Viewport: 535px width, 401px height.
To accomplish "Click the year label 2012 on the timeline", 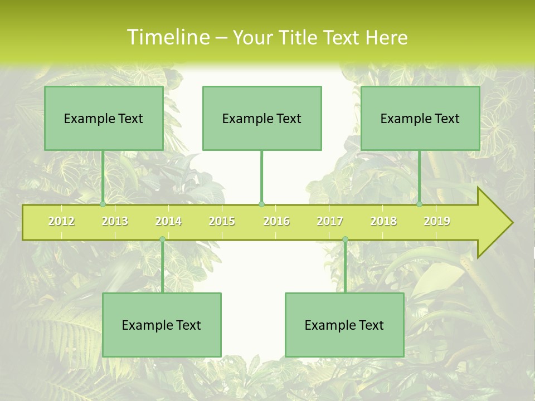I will coord(61,221).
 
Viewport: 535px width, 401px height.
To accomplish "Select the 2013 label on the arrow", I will coord(115,221).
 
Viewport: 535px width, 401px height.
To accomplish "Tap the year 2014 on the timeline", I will coord(168,221).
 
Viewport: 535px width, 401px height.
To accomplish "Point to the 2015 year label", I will coord(222,221).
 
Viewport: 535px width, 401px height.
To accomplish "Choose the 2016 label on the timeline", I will coord(276,221).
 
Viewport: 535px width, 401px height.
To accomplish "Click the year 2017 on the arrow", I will coord(330,221).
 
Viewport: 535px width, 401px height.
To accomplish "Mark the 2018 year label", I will coord(383,221).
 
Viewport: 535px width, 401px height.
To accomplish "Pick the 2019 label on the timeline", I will coord(437,221).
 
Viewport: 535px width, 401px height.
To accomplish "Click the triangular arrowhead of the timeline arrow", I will coord(494,223).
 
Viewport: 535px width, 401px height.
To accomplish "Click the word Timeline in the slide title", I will coord(167,37).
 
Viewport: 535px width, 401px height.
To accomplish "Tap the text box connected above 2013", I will coord(104,118).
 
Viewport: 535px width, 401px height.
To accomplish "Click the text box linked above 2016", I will coord(262,118).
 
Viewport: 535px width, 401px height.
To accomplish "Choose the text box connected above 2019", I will coord(420,118).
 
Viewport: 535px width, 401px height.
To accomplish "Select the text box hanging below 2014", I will coord(162,325).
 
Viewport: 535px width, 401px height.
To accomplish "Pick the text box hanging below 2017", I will coord(344,325).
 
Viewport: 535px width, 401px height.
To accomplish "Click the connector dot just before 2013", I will coord(103,204).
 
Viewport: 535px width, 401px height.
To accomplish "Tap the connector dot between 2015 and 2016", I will coord(262,204).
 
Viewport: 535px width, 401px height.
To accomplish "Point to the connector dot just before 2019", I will coord(419,204).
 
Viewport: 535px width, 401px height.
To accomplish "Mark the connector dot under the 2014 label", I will coord(162,239).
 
